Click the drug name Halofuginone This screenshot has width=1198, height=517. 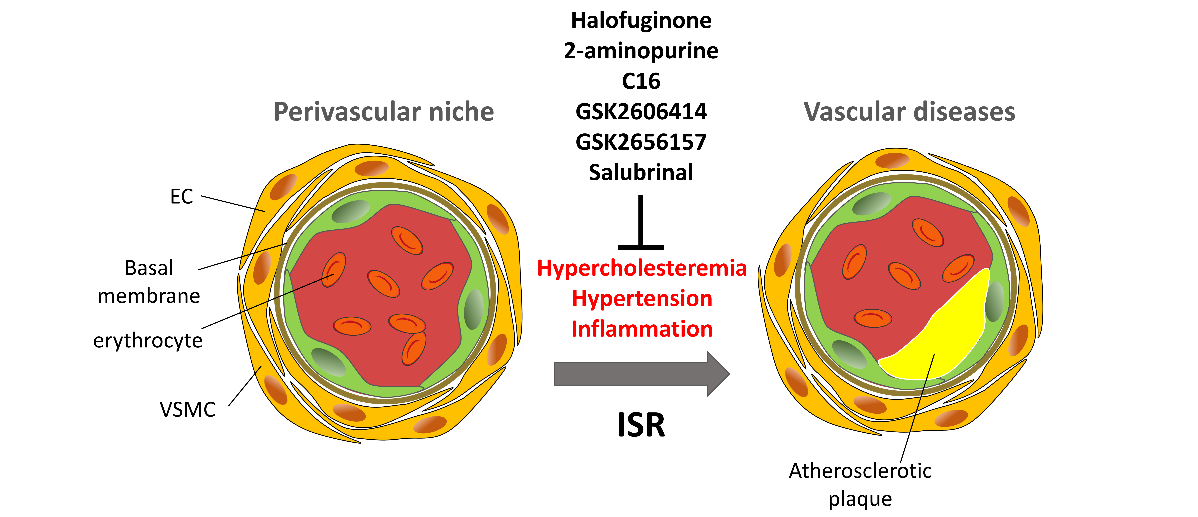click(641, 21)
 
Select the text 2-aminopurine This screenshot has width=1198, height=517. click(641, 51)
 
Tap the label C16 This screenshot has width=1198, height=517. click(641, 81)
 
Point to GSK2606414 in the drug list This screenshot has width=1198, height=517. click(641, 112)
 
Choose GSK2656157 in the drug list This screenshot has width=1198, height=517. click(641, 142)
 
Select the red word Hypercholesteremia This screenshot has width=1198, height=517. click(642, 269)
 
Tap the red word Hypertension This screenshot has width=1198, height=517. click(642, 299)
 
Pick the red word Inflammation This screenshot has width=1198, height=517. click(642, 329)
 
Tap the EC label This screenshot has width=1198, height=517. click(181, 196)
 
